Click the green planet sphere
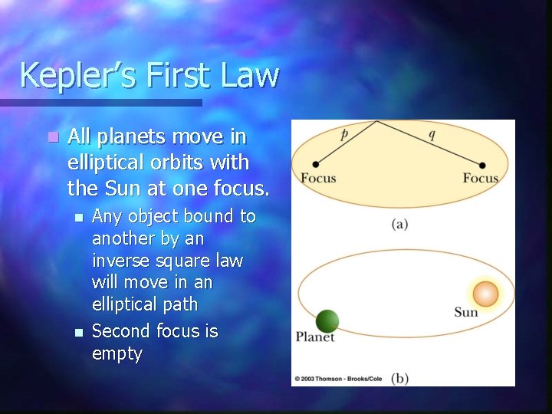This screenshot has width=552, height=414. [327, 321]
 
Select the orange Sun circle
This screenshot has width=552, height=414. [485, 294]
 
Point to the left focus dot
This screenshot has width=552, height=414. [316, 164]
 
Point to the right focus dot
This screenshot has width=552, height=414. [483, 164]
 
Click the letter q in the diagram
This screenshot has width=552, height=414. [431, 134]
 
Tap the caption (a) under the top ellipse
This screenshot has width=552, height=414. [399, 225]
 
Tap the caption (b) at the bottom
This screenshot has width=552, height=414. [399, 378]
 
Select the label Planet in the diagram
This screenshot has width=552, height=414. [316, 337]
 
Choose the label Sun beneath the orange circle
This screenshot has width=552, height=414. [466, 312]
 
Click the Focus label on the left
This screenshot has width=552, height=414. [318, 179]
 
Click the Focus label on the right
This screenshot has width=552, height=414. [481, 179]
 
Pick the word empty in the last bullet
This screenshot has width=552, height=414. [117, 354]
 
